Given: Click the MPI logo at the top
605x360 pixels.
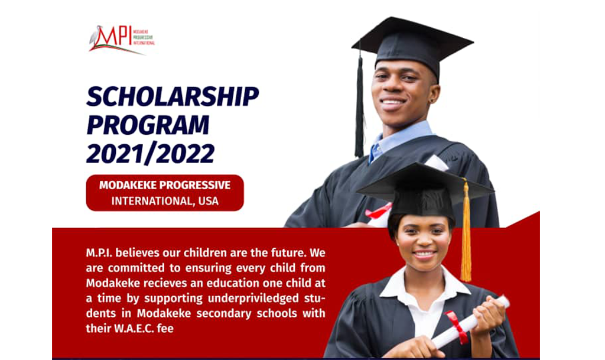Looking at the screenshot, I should coord(121,39).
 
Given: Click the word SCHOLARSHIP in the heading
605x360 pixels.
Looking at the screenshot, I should coord(172,96).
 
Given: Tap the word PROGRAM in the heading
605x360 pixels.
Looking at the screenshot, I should coord(148,125).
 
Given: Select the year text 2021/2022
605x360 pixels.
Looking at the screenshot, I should coord(150,153).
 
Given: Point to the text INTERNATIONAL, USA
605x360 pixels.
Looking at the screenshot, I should coord(165,201).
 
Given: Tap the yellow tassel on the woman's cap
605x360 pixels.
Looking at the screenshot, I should coord(466,236).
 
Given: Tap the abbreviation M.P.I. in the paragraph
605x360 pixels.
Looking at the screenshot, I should coord(99,252).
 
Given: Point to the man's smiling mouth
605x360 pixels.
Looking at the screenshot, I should coord(393,103).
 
